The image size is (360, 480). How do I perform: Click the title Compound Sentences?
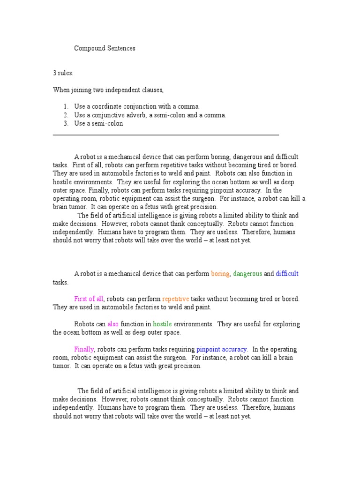point(105,48)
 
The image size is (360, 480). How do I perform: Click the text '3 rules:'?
point(63,73)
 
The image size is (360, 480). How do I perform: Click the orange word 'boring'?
point(220,274)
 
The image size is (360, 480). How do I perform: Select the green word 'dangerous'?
point(247,274)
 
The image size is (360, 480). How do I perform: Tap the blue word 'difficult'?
point(287,274)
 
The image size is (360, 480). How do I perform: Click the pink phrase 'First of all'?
point(89,299)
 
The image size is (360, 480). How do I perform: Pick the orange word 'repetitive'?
point(175,299)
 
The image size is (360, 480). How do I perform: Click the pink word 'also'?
point(113,324)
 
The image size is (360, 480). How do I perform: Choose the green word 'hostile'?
point(162,324)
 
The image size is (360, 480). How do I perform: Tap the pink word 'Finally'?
point(84,350)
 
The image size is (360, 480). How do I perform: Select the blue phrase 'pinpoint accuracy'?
point(222,350)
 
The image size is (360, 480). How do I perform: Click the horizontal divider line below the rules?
point(166,135)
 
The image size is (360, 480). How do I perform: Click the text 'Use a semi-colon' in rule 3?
point(98,124)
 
